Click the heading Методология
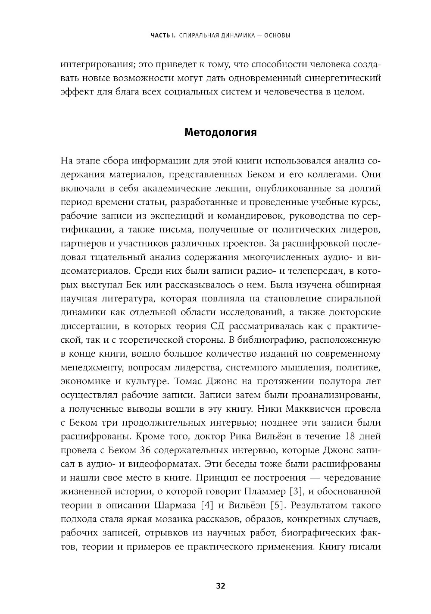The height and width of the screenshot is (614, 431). tap(220, 132)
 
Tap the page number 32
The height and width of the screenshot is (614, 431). tap(220, 586)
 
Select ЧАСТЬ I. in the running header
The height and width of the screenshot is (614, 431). tap(162, 35)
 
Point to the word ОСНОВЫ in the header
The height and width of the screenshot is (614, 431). tap(276, 35)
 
